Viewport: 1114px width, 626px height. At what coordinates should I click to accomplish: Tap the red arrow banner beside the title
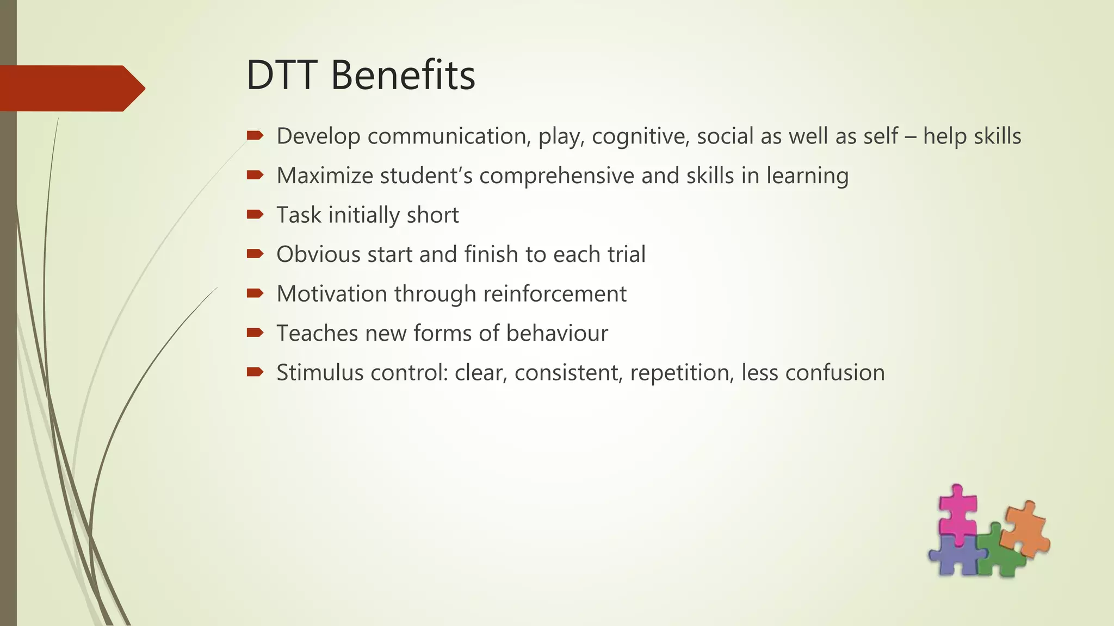pyautogui.click(x=71, y=88)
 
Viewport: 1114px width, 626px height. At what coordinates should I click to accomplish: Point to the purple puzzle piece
pyautogui.click(x=955, y=557)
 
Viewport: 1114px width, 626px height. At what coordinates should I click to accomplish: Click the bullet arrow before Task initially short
pyautogui.click(x=255, y=214)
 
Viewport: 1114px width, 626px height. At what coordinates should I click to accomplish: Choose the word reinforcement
pyautogui.click(x=554, y=294)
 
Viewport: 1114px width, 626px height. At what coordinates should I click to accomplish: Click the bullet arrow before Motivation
pyautogui.click(x=255, y=293)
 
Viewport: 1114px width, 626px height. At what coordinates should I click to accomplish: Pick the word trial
pyautogui.click(x=626, y=254)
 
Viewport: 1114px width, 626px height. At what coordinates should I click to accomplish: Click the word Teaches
pyautogui.click(x=317, y=333)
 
